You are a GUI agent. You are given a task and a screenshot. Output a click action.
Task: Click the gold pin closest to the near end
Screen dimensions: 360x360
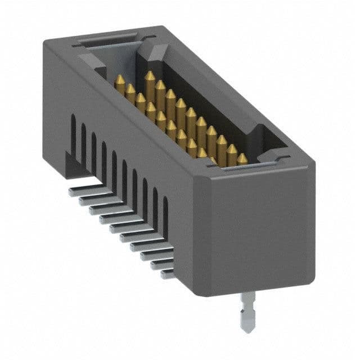point(242,159)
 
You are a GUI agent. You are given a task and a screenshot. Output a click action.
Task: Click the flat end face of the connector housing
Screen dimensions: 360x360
point(259,231)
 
